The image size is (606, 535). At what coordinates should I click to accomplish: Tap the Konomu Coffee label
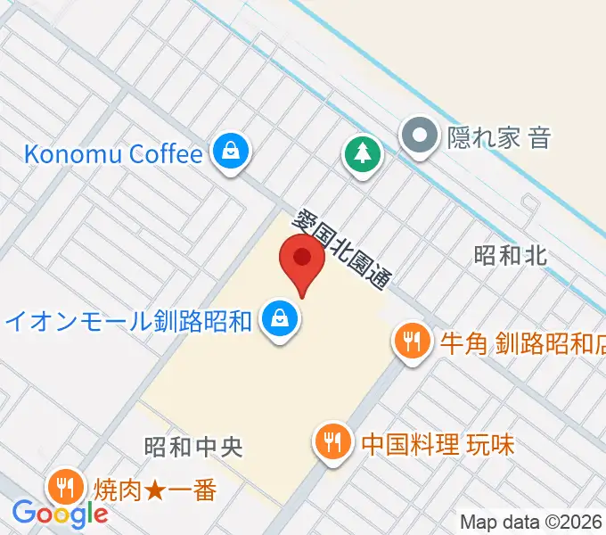pos(113,153)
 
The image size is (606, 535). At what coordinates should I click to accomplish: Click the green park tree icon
pos(362,154)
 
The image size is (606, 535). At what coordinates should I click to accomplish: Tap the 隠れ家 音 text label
pos(501,137)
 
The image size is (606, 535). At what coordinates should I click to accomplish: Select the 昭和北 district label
pos(510,256)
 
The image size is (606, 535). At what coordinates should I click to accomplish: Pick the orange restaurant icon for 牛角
pos(411,341)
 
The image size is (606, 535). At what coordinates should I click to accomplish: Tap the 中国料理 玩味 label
pos(438,443)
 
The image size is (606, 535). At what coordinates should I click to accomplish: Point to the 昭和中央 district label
pos(192,446)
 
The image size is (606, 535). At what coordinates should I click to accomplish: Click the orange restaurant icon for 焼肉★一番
pos(65,486)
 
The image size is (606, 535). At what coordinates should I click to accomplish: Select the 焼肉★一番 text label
pos(153,490)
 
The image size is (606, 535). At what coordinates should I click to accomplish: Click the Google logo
pos(59,513)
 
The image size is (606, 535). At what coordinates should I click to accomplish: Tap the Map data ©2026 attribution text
pos(531,522)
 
